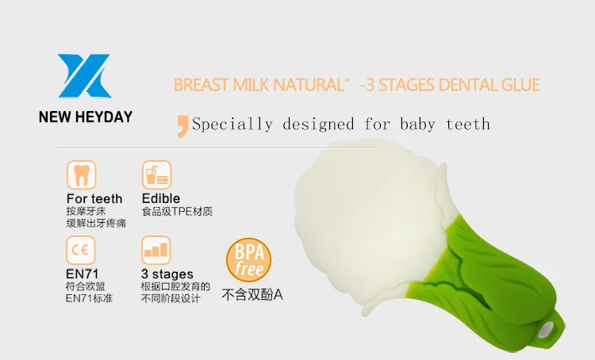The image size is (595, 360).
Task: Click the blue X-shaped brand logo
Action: point(85,76)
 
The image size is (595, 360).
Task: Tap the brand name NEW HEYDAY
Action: point(86,117)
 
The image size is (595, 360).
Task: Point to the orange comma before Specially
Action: point(182,126)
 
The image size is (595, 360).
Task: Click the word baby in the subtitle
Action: point(417,124)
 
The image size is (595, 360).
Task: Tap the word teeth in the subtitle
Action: point(468,124)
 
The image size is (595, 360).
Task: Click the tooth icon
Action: point(82,175)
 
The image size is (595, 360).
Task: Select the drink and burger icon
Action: point(157,175)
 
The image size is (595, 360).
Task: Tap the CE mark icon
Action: point(81,250)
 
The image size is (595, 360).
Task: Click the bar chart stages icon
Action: point(156,250)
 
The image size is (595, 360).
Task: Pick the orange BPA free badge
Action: point(248,260)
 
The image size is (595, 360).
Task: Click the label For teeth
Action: point(94,199)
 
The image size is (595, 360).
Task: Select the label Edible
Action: point(161,198)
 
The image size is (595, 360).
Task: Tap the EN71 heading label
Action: point(82,274)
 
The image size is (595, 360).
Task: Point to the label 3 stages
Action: point(167,274)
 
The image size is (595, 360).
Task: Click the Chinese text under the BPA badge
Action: point(252,295)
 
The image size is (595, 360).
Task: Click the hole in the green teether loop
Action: point(547,328)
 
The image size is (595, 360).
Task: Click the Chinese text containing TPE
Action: point(177,211)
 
